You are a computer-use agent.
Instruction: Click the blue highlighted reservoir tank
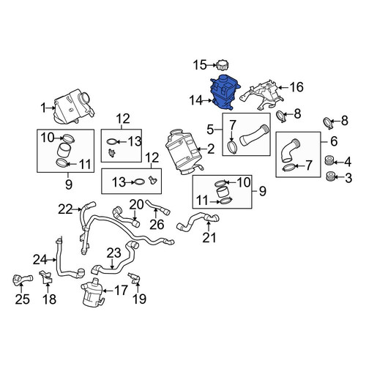point(225,92)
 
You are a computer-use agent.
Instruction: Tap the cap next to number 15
point(222,65)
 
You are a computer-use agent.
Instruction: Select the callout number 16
point(296,87)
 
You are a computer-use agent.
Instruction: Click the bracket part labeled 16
point(262,95)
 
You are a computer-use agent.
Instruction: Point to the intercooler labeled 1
point(74,106)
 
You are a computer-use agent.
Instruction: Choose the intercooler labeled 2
point(184,152)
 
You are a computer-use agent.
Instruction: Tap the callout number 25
point(22,299)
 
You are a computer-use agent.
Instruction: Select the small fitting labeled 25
point(22,280)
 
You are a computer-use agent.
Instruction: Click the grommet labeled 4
point(329,161)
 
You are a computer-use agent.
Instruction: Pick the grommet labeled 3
point(330,176)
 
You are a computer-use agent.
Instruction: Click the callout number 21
point(209,237)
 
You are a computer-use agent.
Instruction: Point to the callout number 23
point(114,253)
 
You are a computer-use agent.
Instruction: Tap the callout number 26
point(157,225)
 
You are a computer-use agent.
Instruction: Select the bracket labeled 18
point(46,277)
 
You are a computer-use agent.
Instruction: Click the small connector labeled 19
point(134,278)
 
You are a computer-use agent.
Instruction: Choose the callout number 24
point(40,260)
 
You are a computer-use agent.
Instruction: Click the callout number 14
point(196,100)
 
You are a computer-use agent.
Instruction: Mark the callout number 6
point(334,141)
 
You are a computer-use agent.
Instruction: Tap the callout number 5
point(210,130)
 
